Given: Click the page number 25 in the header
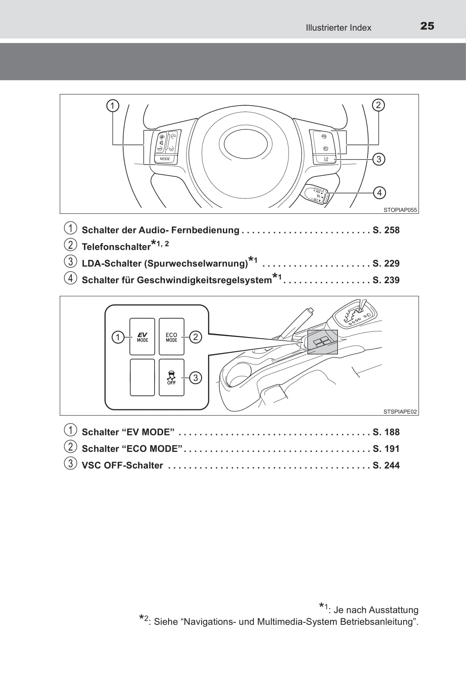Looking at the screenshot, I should click(427, 26).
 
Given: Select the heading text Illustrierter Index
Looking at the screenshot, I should click(338, 28).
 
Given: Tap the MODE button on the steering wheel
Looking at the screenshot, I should click(165, 159).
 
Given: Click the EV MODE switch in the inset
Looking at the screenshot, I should click(142, 337).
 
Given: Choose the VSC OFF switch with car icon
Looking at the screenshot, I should click(171, 377).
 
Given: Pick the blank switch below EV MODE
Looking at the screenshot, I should click(142, 377).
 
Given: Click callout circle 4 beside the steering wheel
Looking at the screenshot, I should click(379, 193).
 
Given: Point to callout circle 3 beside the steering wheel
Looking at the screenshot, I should click(379, 159).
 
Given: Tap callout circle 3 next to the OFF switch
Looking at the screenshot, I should click(195, 378).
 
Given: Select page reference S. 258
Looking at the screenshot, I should click(386, 230).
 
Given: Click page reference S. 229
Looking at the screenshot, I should click(386, 263).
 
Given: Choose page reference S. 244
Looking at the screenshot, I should click(386, 465).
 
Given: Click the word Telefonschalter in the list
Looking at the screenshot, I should click(116, 247).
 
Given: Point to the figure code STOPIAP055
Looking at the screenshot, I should click(400, 210).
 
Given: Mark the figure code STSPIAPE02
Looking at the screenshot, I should click(400, 412).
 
